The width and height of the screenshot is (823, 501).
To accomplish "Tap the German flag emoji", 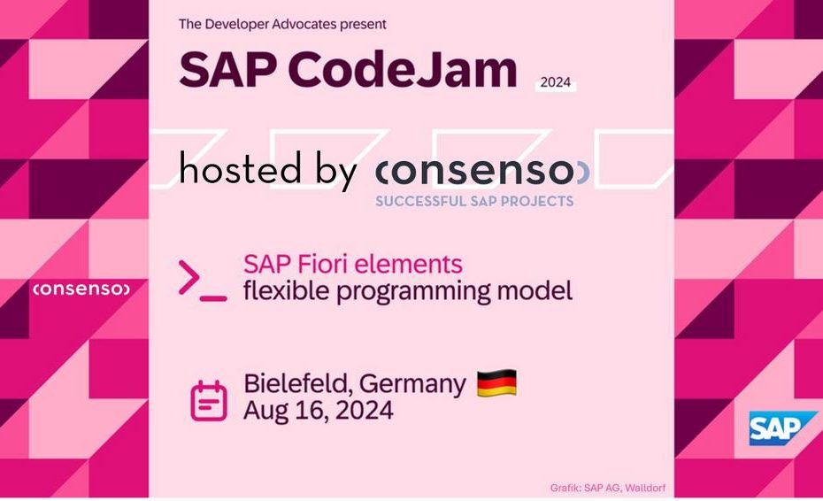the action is [x=496, y=383].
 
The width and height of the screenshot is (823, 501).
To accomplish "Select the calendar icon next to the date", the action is [x=208, y=401].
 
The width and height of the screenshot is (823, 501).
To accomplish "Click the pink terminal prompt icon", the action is [x=203, y=281].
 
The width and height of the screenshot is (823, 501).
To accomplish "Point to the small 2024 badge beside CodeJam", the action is [x=556, y=82].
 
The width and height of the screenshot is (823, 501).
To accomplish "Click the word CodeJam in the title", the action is [x=403, y=69].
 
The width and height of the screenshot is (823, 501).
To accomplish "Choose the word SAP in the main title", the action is [x=227, y=69].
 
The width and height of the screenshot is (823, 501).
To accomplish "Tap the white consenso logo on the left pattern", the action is [x=81, y=289].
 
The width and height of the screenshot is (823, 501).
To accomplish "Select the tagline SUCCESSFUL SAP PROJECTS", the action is [x=474, y=201].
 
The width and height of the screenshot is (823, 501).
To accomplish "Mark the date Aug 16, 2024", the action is [x=318, y=410].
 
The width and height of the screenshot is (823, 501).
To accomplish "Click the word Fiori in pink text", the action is [x=323, y=264].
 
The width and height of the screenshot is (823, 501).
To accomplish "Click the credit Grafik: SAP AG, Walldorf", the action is [x=608, y=488].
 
